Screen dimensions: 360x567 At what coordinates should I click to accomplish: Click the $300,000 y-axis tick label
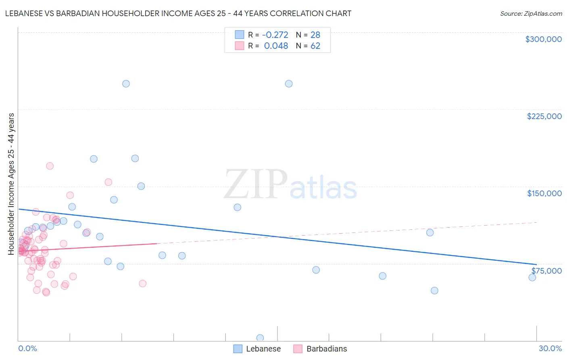[543, 39]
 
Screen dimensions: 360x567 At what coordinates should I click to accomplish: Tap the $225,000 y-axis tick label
[544, 116]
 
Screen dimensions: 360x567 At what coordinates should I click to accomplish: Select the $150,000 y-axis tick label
[544, 193]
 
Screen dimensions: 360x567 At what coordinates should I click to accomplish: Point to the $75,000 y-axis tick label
[546, 270]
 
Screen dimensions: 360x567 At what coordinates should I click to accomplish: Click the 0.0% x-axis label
[27, 348]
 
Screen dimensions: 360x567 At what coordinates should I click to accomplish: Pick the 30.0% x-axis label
[550, 348]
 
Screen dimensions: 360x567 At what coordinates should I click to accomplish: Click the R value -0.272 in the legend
[275, 35]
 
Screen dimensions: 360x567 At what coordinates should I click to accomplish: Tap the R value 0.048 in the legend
[276, 46]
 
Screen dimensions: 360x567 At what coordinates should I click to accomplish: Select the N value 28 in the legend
[315, 35]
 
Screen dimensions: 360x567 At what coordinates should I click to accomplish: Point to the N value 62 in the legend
[315, 46]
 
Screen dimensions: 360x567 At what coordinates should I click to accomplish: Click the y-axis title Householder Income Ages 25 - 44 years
[11, 184]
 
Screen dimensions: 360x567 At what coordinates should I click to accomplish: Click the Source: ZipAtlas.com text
[531, 14]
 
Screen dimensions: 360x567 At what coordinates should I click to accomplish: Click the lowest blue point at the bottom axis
[260, 338]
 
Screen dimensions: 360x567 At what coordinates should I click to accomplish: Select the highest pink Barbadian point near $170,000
[50, 166]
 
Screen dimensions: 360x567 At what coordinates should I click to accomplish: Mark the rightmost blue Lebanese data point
[532, 277]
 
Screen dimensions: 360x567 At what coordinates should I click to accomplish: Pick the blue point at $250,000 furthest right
[289, 84]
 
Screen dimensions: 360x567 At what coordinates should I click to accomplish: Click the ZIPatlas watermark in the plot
[290, 185]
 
